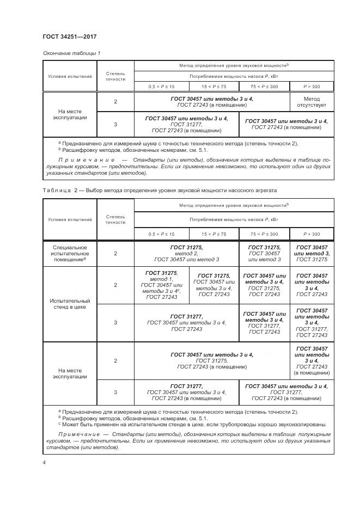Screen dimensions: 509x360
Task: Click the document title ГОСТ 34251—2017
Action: pyautogui.click(x=69, y=36)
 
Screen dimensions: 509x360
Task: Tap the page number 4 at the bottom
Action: pyautogui.click(x=44, y=462)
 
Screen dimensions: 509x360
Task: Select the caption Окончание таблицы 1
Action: pyautogui.click(x=71, y=53)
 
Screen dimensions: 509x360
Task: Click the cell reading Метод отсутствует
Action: pyautogui.click(x=312, y=102)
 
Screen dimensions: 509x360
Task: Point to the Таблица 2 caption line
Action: pyautogui.click(x=160, y=191)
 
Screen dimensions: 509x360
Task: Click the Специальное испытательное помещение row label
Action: pyautogui.click(x=70, y=253)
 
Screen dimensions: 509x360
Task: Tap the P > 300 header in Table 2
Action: pyautogui.click(x=312, y=234)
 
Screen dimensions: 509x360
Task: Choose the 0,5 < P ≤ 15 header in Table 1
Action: pyautogui.click(x=162, y=87)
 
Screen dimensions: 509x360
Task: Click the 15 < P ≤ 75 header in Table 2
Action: pyautogui.click(x=214, y=234)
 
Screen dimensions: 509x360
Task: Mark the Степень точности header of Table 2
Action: pyautogui.click(x=115, y=219)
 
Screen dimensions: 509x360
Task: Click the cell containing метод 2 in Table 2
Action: pyautogui.click(x=186, y=253)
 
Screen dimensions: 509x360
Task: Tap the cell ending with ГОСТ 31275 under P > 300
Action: pyautogui.click(x=312, y=253)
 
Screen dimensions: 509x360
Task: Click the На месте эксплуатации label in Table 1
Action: pyautogui.click(x=70, y=113)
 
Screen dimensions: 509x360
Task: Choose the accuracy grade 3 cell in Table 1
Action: pyautogui.click(x=115, y=125)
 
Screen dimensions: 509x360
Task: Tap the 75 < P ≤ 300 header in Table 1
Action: pyautogui.click(x=264, y=87)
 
